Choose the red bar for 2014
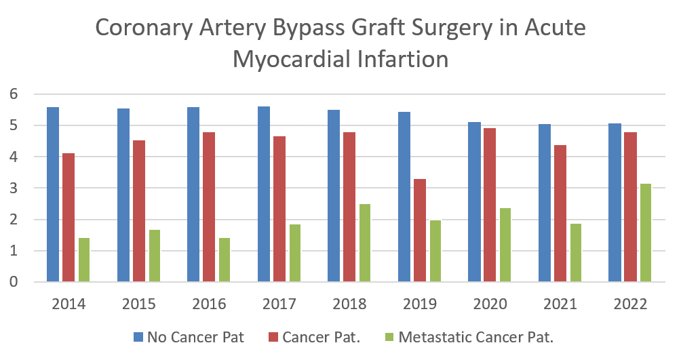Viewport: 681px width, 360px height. click(69, 217)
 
